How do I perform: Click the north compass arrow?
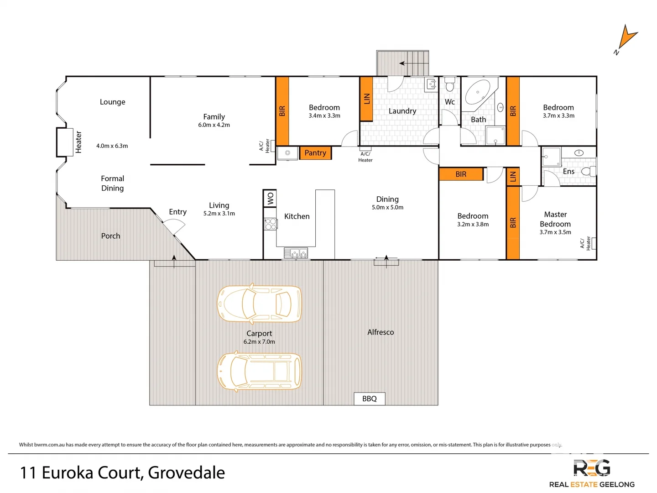627,39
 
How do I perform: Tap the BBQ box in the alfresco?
370,399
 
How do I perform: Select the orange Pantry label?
315,153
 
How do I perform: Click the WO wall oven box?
270,199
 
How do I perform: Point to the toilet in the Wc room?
450,85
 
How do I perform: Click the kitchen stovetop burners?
271,224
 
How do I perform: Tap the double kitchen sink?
296,253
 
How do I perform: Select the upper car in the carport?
259,304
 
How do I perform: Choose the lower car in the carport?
259,371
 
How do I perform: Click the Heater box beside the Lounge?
65,142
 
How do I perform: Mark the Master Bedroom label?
555,219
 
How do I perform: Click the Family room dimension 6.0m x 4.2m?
214,125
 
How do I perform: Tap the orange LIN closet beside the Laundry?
366,99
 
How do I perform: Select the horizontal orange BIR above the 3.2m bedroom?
461,174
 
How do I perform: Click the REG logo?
592,468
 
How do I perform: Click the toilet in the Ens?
589,171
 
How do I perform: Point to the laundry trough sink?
431,84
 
